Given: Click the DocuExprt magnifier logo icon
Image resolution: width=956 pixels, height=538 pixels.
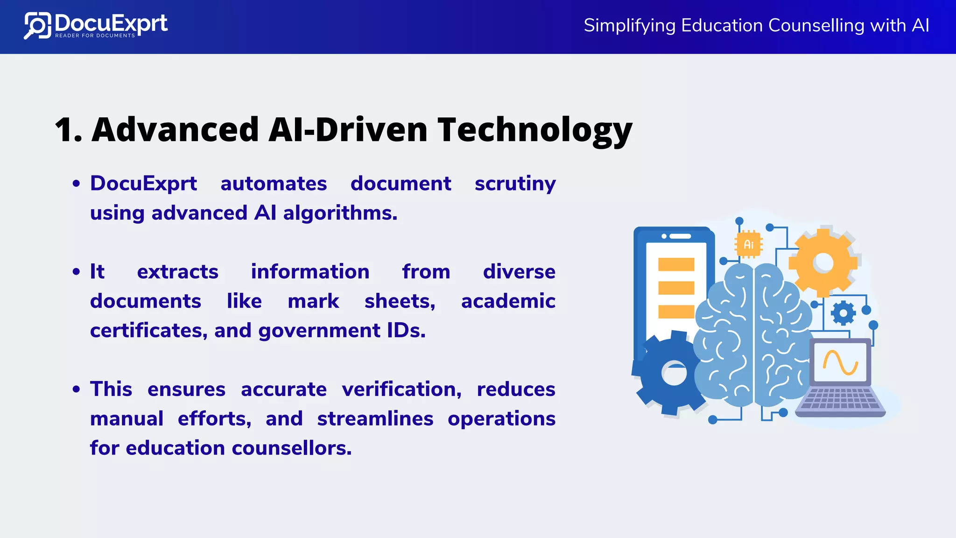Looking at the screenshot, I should [x=37, y=25].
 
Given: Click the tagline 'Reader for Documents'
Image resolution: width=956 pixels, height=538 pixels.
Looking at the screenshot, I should [x=95, y=35].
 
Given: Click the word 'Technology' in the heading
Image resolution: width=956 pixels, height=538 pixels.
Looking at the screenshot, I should [x=535, y=130].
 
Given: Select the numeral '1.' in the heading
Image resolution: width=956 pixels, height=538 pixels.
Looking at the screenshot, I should [x=68, y=130].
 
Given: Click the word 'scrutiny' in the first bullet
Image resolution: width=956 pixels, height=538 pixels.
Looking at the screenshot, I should [x=515, y=184].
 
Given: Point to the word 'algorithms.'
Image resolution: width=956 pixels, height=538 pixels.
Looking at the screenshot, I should [x=340, y=213].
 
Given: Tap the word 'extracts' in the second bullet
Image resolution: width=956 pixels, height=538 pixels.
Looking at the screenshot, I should [x=177, y=272].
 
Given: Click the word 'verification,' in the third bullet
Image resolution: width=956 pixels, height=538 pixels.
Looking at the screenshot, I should [x=401, y=389].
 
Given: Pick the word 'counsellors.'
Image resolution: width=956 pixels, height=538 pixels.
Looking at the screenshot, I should [x=292, y=448].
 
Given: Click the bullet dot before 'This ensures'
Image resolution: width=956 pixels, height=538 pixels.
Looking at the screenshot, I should [x=77, y=389].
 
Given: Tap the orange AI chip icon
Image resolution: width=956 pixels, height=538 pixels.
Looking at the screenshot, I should [x=748, y=244].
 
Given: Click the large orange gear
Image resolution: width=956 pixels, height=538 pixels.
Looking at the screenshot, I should [x=822, y=263].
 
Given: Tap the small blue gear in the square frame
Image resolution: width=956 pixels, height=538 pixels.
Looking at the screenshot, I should [x=843, y=313].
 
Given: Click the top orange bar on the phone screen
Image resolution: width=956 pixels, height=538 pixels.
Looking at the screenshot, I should [x=676, y=264].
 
